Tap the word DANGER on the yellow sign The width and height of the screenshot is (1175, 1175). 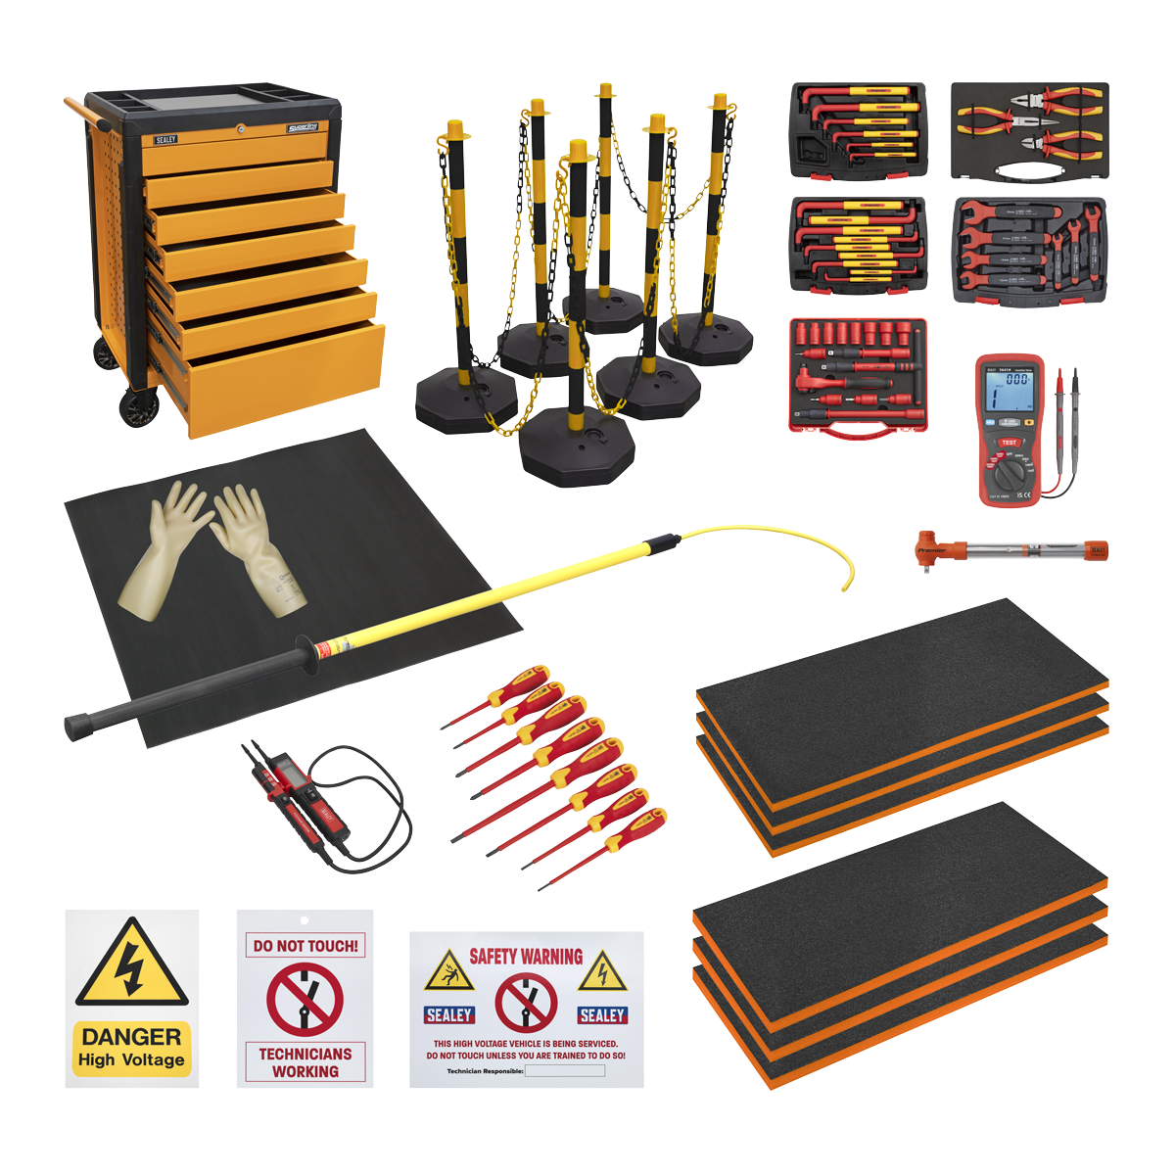pos(131,1036)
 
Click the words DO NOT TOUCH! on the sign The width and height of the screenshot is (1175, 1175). pos(305,946)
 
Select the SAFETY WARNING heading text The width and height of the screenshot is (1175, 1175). pos(526,957)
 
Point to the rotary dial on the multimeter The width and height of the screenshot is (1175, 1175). pos(1010,474)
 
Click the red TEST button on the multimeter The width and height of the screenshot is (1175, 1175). pos(1009,443)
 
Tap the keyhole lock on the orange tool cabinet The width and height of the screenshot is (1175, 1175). pos(241,127)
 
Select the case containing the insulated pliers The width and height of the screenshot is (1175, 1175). pos(1029,131)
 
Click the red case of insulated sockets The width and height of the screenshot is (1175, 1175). pos(858,374)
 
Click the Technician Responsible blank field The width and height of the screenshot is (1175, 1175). pos(565,1071)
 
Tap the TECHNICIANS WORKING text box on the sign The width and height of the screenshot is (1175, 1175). pos(305,1062)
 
